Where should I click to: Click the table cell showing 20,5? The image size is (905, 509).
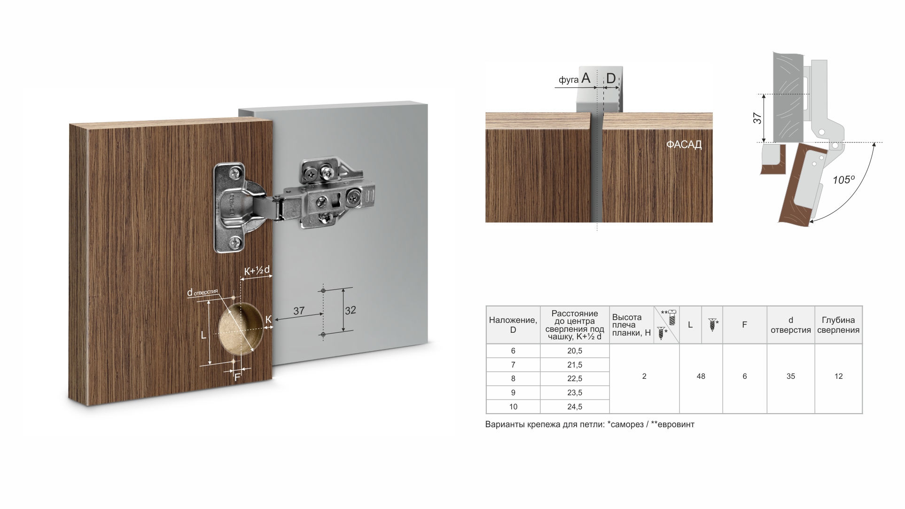click(x=575, y=351)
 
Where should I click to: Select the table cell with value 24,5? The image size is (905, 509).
click(x=575, y=407)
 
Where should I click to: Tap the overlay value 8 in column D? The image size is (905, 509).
click(x=513, y=378)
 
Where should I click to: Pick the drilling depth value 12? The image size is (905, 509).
click(x=839, y=376)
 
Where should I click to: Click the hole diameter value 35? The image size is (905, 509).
click(x=791, y=376)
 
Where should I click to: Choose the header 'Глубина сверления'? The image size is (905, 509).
click(x=838, y=325)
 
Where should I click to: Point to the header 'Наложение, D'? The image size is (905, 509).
click(x=513, y=325)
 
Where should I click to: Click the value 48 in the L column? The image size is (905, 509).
click(x=701, y=376)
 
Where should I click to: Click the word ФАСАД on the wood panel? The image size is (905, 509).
click(x=684, y=145)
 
